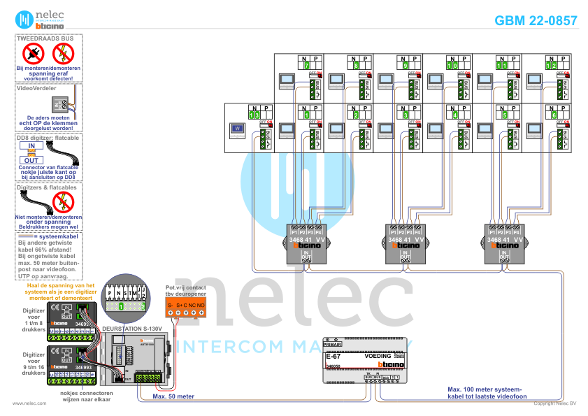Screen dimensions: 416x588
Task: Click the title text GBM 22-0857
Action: [x=536, y=20]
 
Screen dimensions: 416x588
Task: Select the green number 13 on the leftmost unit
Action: [x=254, y=115]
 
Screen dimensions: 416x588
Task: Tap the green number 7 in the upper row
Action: [x=306, y=66]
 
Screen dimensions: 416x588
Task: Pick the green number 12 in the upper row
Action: [x=551, y=66]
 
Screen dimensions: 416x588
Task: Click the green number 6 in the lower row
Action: [x=554, y=115]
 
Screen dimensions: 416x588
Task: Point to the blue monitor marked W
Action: [x=237, y=129]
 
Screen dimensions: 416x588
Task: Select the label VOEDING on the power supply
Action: [x=378, y=356]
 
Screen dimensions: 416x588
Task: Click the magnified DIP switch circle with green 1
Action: [x=126, y=299]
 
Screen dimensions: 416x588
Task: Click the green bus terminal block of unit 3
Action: [x=410, y=134]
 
